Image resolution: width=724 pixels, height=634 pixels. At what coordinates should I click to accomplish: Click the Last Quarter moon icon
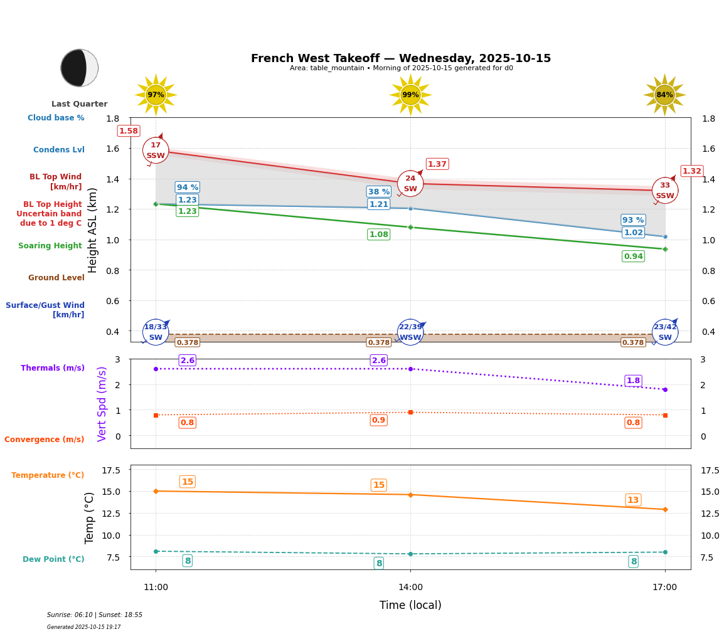click(x=80, y=68)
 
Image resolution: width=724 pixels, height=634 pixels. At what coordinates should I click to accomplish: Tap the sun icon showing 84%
click(x=664, y=95)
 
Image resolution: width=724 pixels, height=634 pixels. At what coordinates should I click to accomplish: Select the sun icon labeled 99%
click(x=410, y=95)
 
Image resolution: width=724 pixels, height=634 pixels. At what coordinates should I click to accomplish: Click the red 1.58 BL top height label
click(x=129, y=131)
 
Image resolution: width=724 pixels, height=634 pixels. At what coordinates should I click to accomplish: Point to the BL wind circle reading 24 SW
click(x=410, y=184)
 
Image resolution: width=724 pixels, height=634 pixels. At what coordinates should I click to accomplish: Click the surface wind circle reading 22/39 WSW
click(x=410, y=332)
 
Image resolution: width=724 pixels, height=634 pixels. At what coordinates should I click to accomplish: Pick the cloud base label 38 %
click(x=378, y=192)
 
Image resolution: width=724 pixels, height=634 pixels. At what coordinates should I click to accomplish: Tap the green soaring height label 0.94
click(x=633, y=256)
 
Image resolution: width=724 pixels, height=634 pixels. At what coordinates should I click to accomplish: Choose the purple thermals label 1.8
click(x=633, y=381)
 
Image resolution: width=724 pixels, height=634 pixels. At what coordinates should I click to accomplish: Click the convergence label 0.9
click(x=378, y=420)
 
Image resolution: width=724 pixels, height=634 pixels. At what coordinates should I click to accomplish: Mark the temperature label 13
click(x=633, y=500)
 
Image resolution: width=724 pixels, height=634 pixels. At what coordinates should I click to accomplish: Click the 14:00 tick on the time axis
click(x=410, y=587)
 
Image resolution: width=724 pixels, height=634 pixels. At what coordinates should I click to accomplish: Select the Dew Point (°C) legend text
click(x=53, y=559)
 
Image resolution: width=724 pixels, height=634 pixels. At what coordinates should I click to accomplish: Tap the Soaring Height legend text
click(x=50, y=246)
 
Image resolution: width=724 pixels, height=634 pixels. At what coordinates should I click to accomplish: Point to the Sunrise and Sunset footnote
click(x=95, y=615)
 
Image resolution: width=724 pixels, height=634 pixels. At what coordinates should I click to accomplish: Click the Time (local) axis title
click(x=410, y=605)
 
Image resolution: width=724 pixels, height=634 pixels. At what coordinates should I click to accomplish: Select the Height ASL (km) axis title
click(x=93, y=230)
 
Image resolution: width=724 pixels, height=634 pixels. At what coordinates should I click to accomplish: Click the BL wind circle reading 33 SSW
click(x=665, y=191)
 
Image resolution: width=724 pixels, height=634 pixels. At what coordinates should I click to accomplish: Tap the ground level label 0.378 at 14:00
click(x=378, y=342)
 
